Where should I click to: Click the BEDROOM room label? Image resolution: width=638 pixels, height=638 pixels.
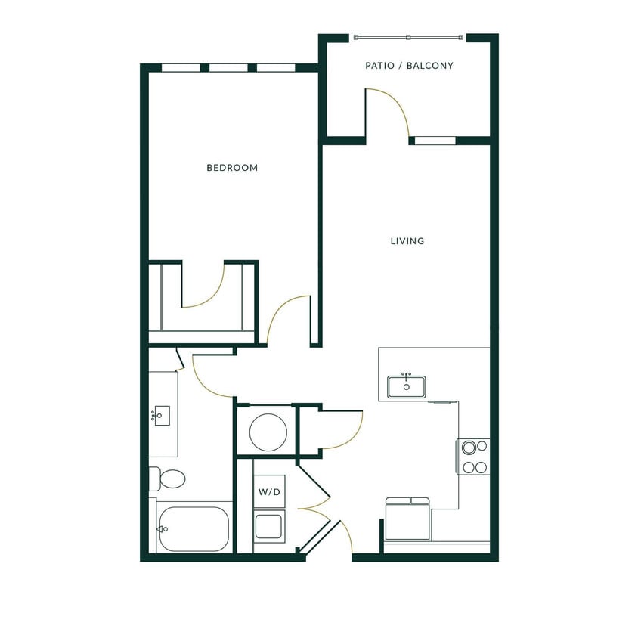pyautogui.click(x=232, y=168)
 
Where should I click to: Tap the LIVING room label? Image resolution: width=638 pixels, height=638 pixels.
pyautogui.click(x=407, y=241)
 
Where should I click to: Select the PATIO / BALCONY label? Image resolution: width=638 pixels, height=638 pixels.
pyautogui.click(x=409, y=66)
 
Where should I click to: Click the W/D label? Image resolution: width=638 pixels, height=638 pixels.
pyautogui.click(x=269, y=492)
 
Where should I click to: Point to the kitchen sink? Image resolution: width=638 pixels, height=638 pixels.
pyautogui.click(x=407, y=386)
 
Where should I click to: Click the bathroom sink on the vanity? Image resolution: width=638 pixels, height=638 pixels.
pyautogui.click(x=161, y=415)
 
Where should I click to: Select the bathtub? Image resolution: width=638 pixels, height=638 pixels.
pyautogui.click(x=193, y=528)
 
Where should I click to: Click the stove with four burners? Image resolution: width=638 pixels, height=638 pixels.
pyautogui.click(x=474, y=457)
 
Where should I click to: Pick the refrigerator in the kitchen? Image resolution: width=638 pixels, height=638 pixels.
pyautogui.click(x=407, y=519)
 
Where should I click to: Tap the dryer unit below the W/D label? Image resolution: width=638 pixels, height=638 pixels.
pyautogui.click(x=269, y=526)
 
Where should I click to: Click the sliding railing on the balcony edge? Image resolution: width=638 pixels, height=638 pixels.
pyautogui.click(x=408, y=37)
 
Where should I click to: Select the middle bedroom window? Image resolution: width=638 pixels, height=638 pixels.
pyautogui.click(x=228, y=68)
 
